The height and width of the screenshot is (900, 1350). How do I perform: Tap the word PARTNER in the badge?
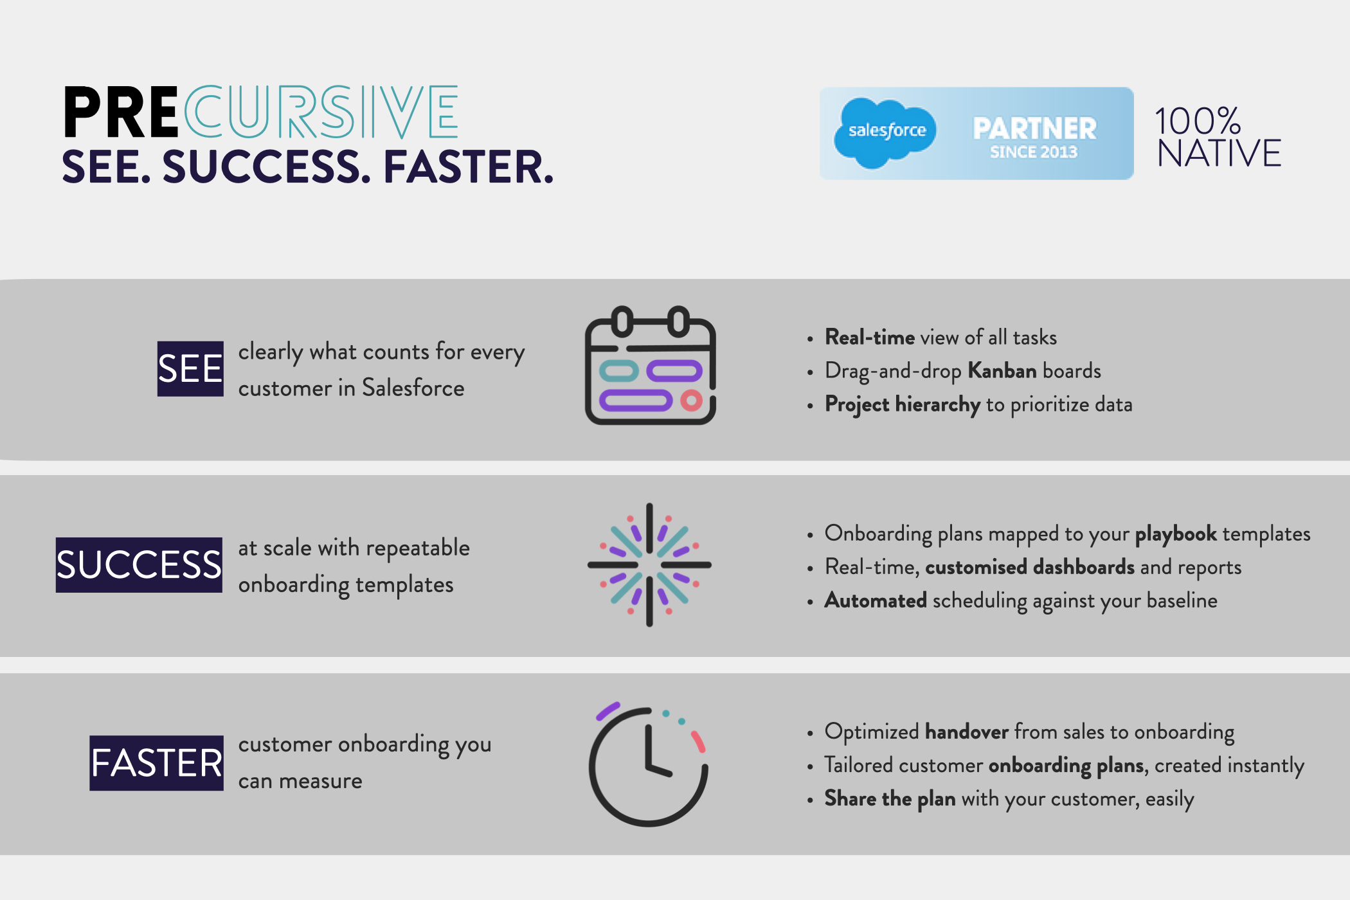coord(1034,128)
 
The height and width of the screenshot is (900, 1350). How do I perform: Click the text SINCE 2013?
coord(1033,152)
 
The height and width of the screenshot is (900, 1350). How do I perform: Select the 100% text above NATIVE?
coord(1197,121)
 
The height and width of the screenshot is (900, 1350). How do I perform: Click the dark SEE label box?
coord(190,369)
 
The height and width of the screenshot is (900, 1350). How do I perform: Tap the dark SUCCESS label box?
coord(139,565)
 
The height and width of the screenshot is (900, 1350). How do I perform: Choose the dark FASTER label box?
coord(156,763)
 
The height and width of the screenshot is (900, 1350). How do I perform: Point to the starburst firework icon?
coord(649,565)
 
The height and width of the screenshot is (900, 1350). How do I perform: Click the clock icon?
coord(649,765)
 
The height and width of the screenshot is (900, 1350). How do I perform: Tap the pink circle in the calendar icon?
coord(691,401)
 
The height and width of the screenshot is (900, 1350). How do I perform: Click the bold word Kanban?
coord(1002,371)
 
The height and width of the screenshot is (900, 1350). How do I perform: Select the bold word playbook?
coord(1175,534)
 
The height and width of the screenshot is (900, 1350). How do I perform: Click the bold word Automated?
coord(876,600)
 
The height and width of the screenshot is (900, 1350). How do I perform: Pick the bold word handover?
coord(966,732)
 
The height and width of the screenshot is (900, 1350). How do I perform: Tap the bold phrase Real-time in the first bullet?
coord(870,337)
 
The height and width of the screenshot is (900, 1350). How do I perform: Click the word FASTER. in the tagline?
coord(469,167)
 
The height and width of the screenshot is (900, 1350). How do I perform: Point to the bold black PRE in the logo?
coord(121,113)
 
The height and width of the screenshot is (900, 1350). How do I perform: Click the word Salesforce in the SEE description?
coord(413,388)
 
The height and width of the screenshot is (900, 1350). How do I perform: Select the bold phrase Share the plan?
coord(890,799)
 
